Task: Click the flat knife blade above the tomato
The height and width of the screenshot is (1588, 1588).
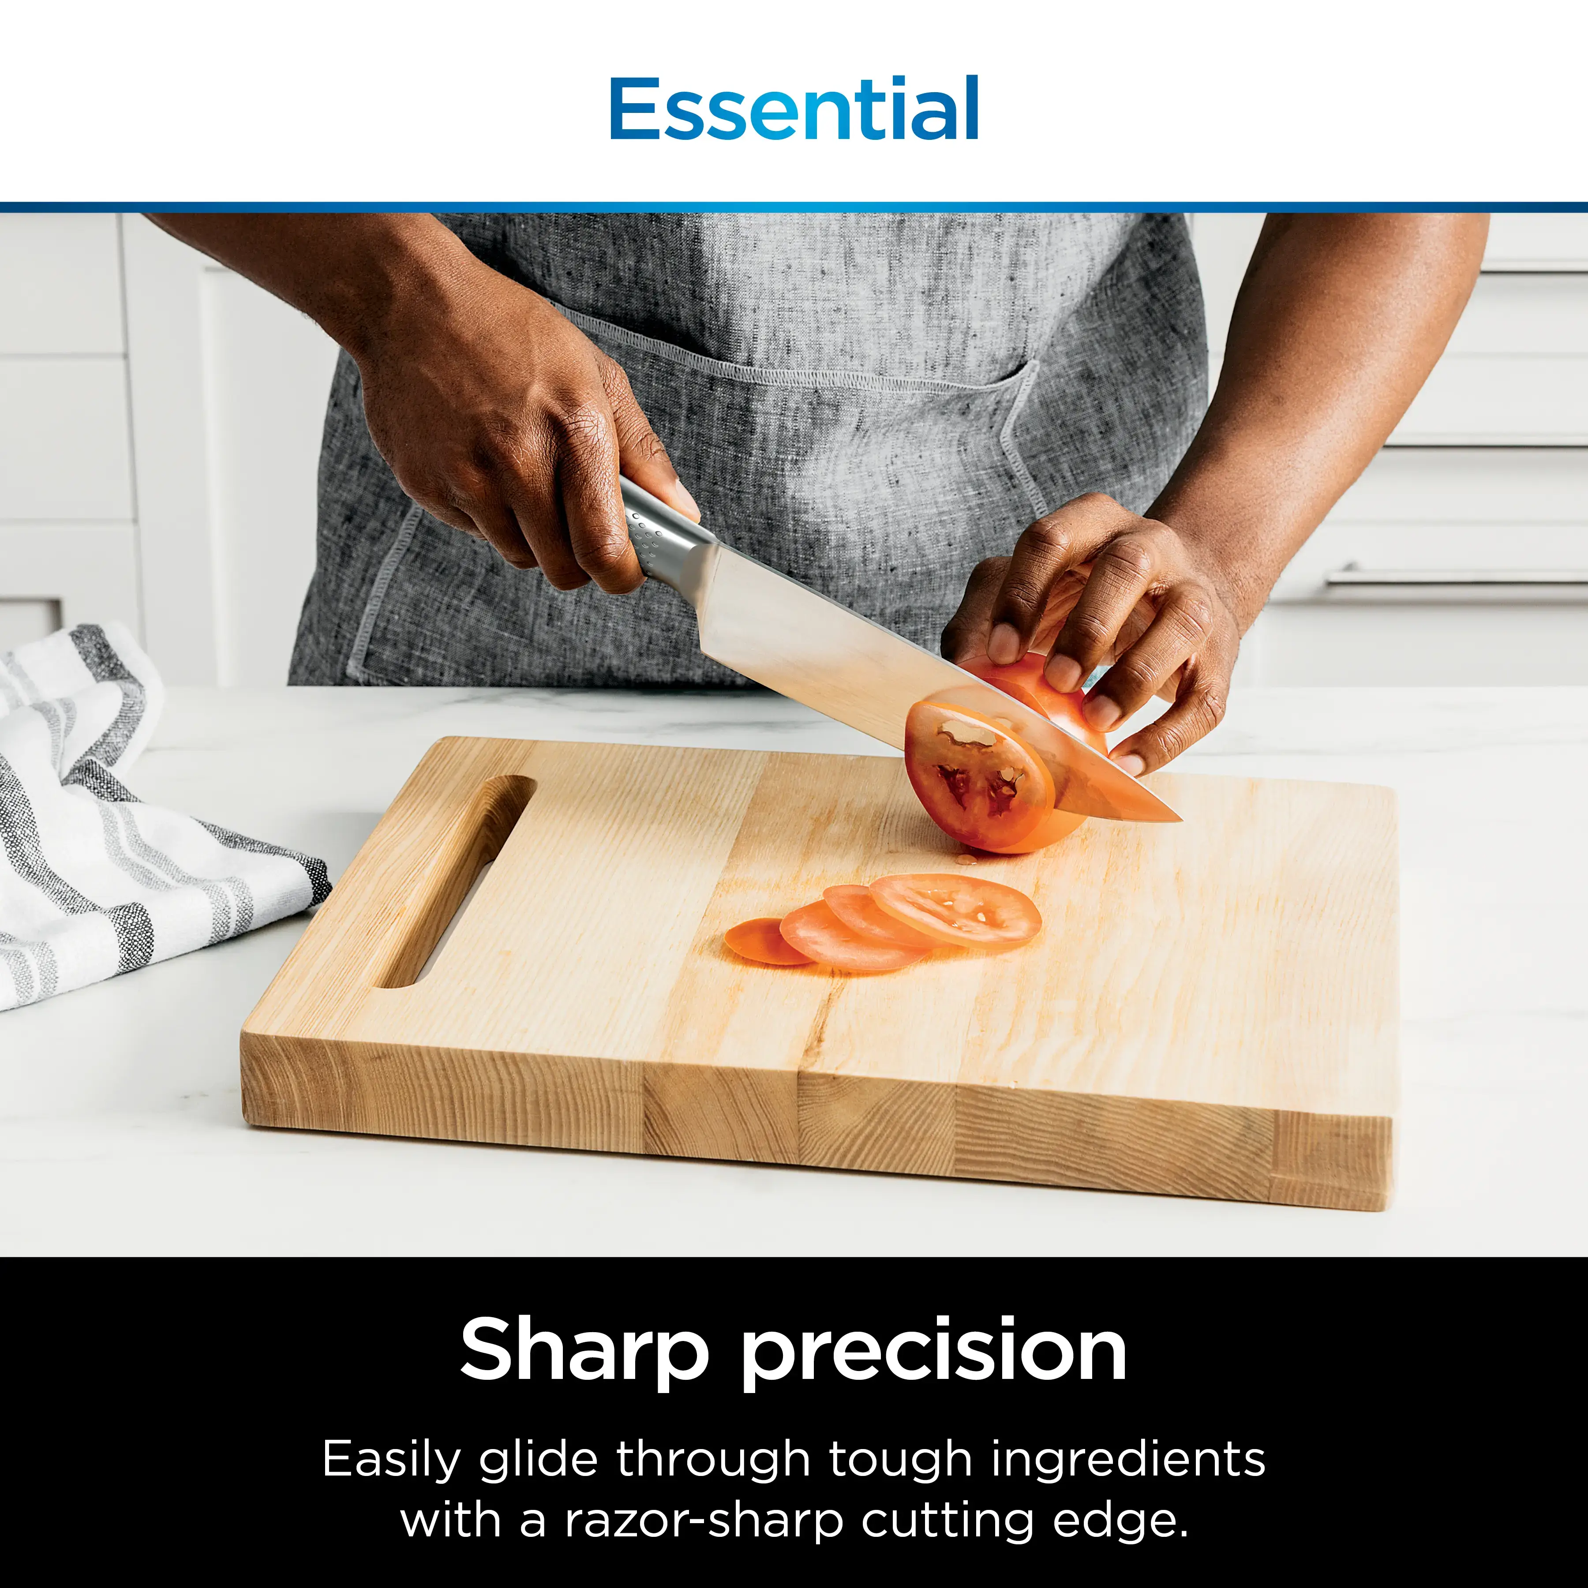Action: point(822,633)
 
